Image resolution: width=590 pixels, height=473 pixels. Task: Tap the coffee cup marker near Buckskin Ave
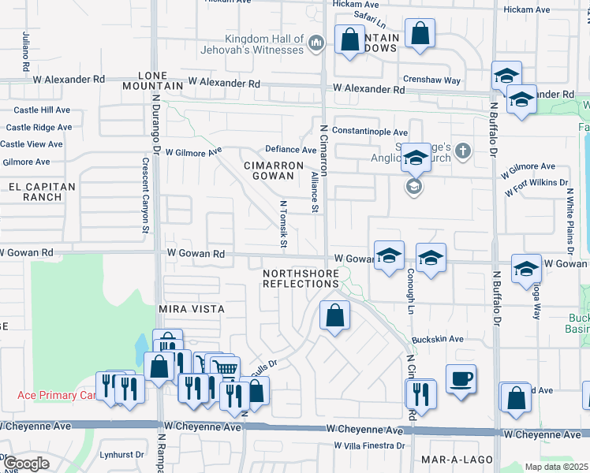coord(461,378)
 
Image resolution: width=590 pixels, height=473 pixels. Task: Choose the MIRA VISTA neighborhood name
coord(192,309)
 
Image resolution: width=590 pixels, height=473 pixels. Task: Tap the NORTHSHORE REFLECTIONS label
coord(301,278)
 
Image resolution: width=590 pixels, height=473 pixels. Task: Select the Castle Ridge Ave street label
coord(40,127)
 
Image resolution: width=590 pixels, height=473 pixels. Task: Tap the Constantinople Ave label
coord(369,132)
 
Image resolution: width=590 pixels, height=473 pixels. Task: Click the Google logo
coord(25,464)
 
